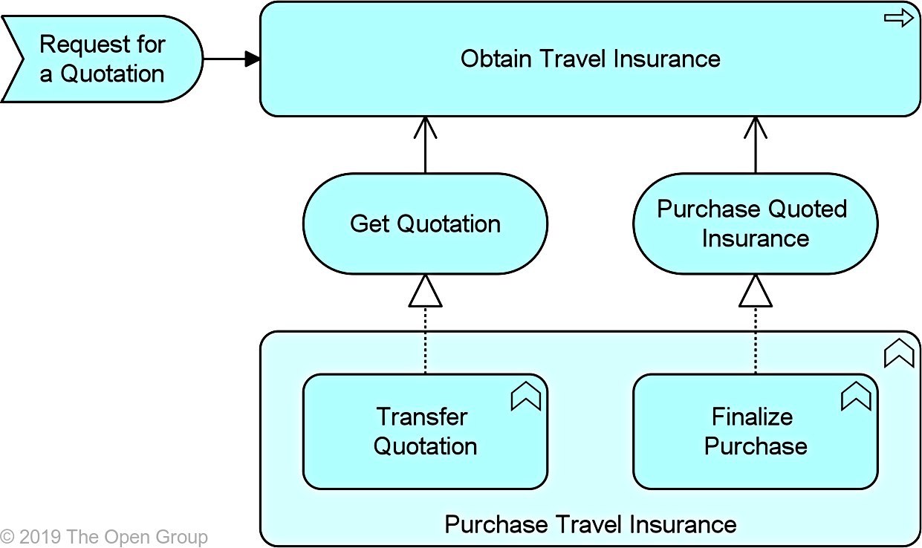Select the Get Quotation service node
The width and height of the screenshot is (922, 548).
click(425, 224)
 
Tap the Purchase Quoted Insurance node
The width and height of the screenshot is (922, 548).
click(756, 224)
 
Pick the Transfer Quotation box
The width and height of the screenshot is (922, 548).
click(425, 431)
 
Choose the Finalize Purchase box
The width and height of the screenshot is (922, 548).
click(756, 431)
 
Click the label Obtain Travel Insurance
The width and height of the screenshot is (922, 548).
click(590, 59)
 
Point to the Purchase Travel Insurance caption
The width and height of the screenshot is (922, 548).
click(590, 524)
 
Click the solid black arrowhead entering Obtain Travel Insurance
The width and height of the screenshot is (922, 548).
click(253, 59)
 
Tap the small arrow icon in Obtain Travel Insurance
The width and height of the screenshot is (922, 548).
click(899, 18)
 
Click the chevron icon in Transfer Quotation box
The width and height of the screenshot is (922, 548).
click(525, 396)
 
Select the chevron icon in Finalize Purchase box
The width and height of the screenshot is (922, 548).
click(856, 396)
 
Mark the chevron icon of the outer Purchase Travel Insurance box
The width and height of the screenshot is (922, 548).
click(899, 353)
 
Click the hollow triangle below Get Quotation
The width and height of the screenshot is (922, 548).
click(425, 291)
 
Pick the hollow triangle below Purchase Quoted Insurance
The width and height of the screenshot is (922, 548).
click(756, 291)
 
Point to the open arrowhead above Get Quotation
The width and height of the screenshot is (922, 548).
click(425, 128)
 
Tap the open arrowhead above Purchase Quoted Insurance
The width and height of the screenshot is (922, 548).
click(756, 128)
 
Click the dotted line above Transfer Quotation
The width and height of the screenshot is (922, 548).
click(425, 341)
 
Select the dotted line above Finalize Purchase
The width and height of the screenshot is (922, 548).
click(756, 341)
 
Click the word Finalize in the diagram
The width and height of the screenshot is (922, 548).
click(753, 417)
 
